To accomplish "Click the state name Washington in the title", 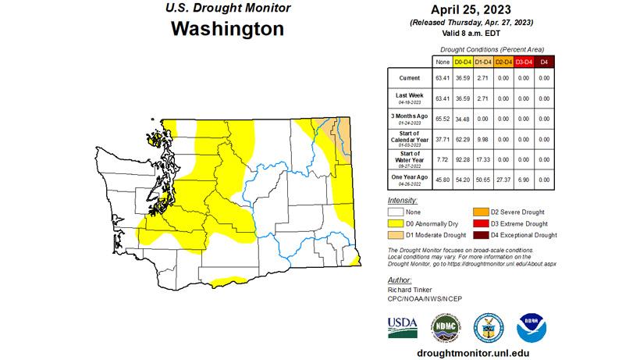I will click(227, 29).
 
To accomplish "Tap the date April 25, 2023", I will click(471, 10).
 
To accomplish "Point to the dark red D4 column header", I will click(545, 61).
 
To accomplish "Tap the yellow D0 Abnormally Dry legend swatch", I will click(396, 223).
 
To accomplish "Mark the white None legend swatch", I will click(396, 212).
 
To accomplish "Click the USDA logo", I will click(403, 325).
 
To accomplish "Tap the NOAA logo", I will click(531, 325).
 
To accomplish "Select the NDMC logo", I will click(446, 325).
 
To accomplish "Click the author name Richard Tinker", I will click(408, 288).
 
